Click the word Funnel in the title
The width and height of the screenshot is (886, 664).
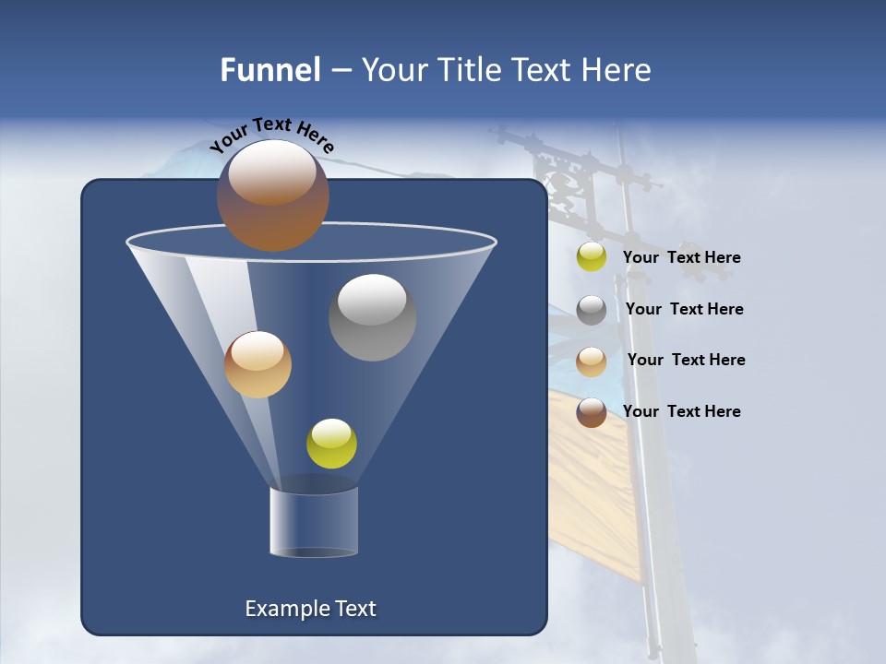point(269,70)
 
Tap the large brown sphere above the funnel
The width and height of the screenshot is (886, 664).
point(273,196)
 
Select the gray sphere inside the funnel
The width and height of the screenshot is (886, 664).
point(372,317)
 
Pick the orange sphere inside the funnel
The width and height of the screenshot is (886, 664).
point(257,364)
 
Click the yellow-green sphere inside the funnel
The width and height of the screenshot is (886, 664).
point(331,444)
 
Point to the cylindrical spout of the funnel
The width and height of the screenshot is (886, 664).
point(314,522)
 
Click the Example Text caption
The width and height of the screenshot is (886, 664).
point(310,609)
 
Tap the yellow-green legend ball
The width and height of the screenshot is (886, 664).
point(592,257)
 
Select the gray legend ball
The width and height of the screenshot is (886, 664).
point(592,310)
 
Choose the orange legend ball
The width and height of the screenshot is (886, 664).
point(592,362)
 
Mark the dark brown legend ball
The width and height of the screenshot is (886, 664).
point(592,412)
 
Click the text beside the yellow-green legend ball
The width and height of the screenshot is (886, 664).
point(681,258)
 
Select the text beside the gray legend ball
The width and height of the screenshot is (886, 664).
point(684,309)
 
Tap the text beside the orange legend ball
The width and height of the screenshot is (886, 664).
point(686,360)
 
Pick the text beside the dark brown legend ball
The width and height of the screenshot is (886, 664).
point(681,411)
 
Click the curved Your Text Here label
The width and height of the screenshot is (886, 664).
point(271,135)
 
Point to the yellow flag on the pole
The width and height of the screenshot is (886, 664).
point(591,480)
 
